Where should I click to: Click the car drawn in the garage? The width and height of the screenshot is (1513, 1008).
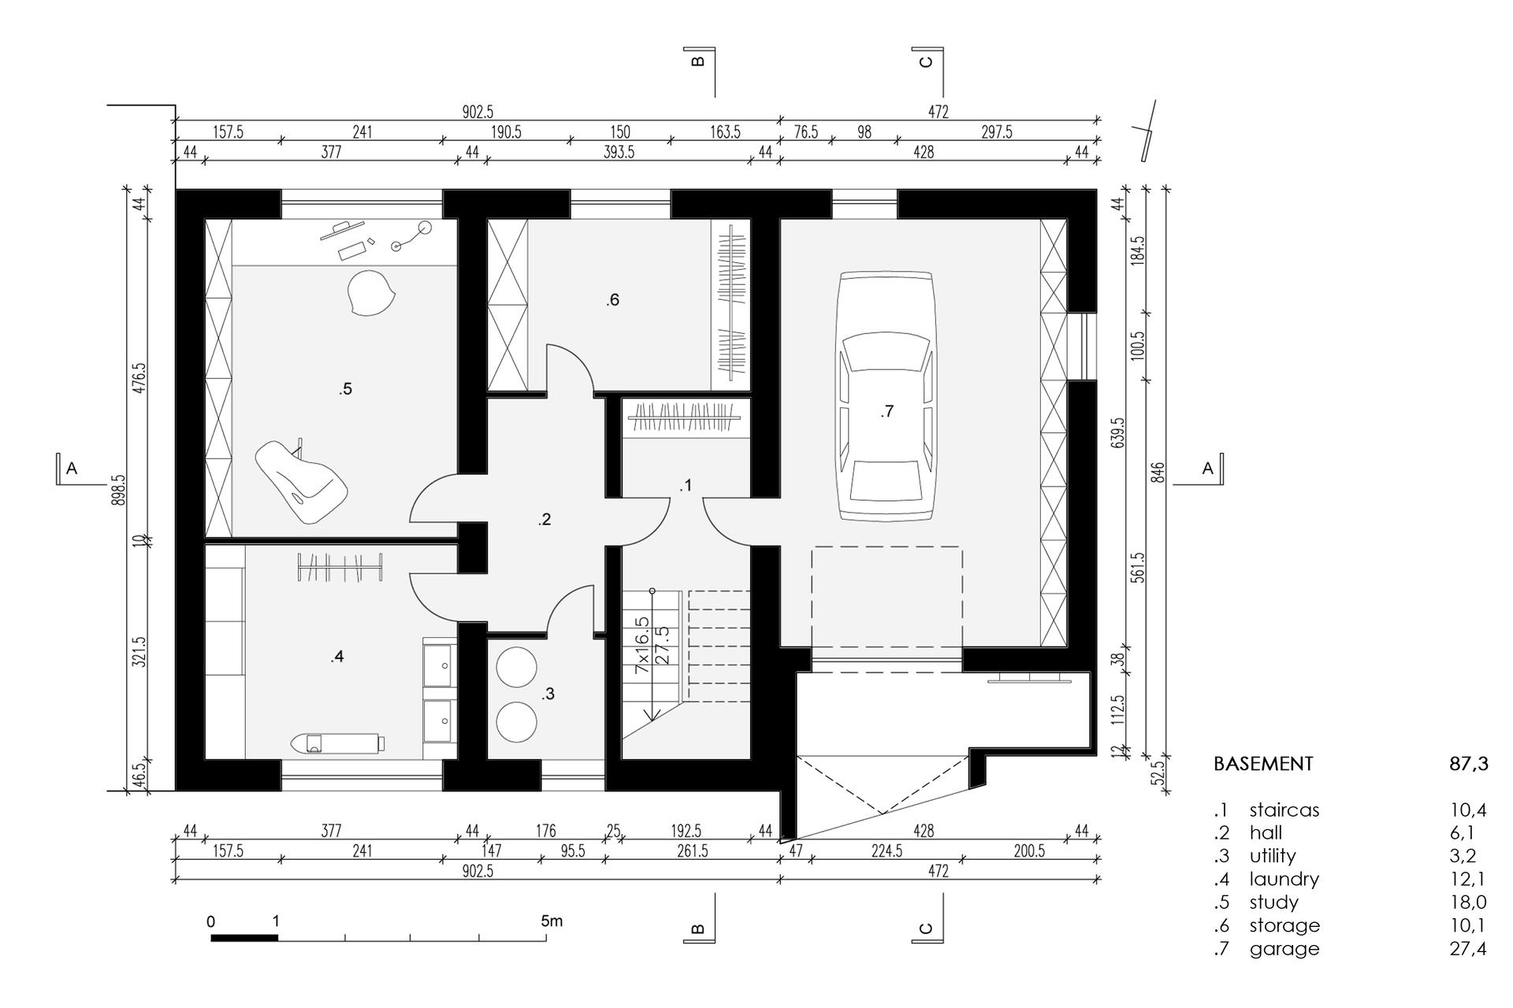pos(887,396)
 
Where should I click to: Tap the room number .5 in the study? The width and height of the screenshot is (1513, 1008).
pos(345,388)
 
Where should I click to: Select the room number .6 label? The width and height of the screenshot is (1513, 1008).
pos(612,299)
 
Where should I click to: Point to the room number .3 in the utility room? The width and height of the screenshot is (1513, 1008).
pos(548,694)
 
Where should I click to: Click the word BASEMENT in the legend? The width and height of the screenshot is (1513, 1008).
pos(1263,764)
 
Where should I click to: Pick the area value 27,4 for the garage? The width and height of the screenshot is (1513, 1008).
pos(1468,949)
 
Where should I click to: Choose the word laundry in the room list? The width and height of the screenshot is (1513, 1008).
pos(1284,880)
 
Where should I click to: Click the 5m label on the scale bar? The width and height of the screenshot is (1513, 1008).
pos(552,921)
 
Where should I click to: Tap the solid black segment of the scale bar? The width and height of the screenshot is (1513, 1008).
pos(244,937)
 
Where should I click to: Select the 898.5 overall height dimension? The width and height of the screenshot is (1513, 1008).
pos(118,489)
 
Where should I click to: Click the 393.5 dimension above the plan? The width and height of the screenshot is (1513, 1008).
pos(619,152)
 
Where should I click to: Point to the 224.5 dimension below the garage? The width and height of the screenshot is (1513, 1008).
pos(887,851)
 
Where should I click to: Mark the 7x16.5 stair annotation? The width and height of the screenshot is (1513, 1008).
pos(642,644)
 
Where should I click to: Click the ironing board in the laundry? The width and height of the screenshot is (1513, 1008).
pos(337,742)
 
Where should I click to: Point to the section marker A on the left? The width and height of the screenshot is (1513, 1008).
pos(71,469)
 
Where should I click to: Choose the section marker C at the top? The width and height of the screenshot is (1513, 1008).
pos(927,61)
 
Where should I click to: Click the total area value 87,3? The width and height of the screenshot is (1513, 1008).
pos(1468,764)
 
